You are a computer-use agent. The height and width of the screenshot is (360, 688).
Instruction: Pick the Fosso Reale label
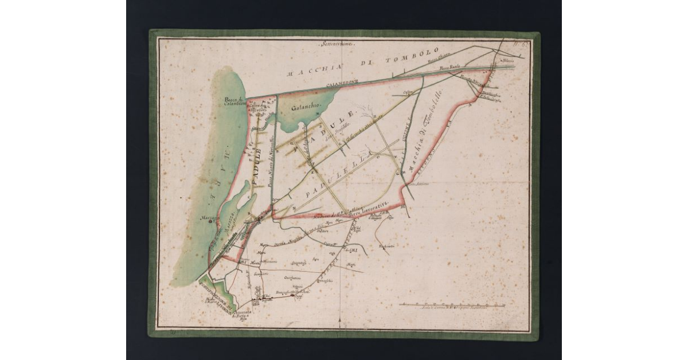(451, 68)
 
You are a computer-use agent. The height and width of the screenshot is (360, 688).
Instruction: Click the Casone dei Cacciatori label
(257, 106)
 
